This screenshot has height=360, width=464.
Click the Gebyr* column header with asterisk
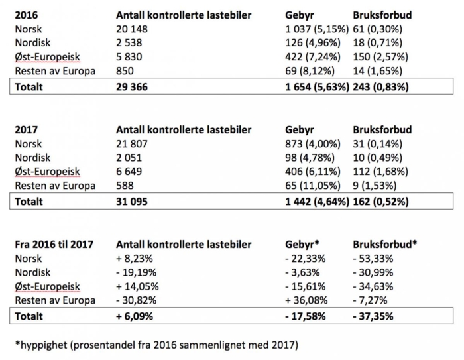click(x=304, y=244)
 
